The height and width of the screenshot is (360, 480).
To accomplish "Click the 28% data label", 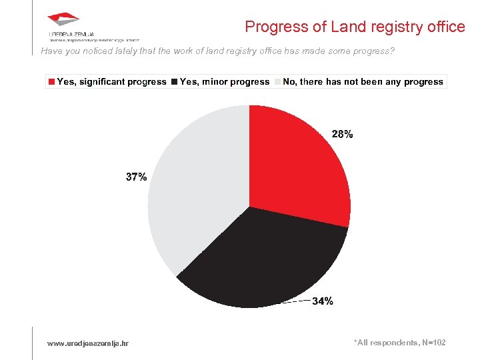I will click(342, 134).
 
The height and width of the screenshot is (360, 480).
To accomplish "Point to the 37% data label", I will click(137, 177).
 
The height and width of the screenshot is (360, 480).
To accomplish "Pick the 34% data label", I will click(323, 301).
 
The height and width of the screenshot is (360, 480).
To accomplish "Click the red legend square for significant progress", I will click(51, 82).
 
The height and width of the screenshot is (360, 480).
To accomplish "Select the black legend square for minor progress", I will click(174, 82).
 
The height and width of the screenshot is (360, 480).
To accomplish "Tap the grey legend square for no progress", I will click(277, 82).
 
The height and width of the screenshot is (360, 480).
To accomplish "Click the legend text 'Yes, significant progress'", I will click(111, 82).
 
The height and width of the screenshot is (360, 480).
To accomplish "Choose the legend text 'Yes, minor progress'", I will click(225, 82).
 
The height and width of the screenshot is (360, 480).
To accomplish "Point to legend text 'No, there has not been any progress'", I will click(363, 82).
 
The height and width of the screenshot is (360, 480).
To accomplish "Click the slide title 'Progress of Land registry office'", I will click(355, 27).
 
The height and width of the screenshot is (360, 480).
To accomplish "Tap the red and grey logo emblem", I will click(63, 21).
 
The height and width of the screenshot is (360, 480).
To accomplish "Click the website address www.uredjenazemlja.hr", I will click(88, 343).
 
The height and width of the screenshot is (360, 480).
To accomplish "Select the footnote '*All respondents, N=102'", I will click(399, 342).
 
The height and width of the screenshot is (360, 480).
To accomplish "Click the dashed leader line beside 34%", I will click(295, 302).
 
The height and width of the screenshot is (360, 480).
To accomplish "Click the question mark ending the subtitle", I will click(392, 51).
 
